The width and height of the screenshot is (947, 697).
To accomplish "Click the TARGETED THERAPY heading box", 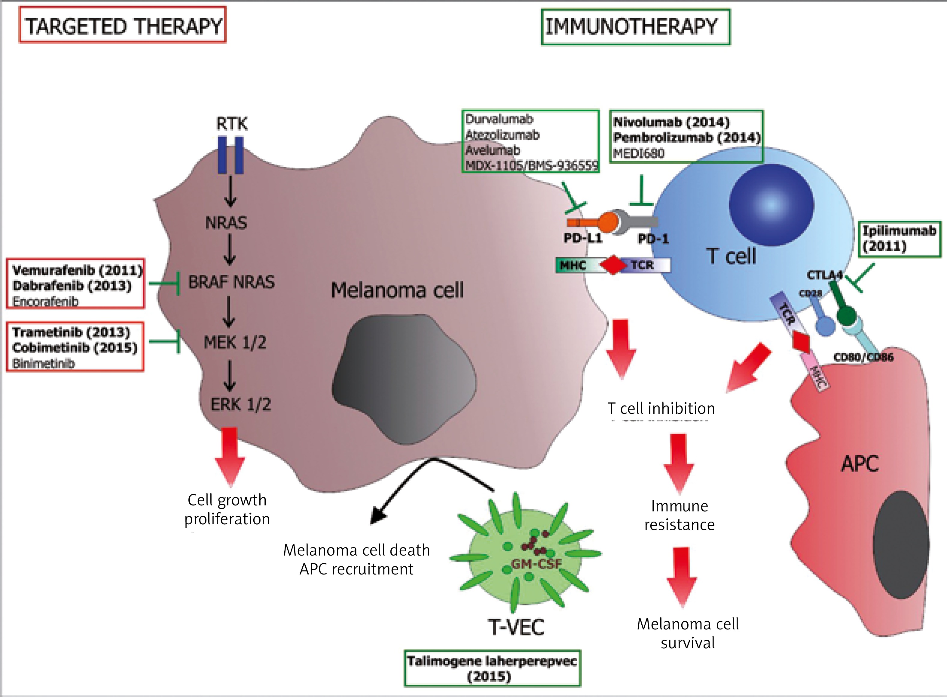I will pos(122,26).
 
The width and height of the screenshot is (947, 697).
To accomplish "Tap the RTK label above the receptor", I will pos(232,124).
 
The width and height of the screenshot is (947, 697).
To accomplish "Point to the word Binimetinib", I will pos(44,364).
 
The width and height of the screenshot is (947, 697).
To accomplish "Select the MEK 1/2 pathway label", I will pos(235,342).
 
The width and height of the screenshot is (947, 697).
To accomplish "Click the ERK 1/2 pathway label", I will pos(241,405).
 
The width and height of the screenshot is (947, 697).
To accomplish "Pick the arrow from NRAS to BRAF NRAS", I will pos(229,249).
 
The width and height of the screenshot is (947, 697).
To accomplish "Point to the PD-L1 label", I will pos(583,239).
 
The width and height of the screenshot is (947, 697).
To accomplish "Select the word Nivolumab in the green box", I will pos(648,122).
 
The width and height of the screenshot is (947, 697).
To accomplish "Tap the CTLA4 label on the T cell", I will pos(824,275).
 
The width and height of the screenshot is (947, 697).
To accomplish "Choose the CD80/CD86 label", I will pos(863,357).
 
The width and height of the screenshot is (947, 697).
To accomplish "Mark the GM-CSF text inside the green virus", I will pos(536,564).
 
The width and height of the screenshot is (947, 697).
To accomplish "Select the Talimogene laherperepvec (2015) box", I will pos(492,668).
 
